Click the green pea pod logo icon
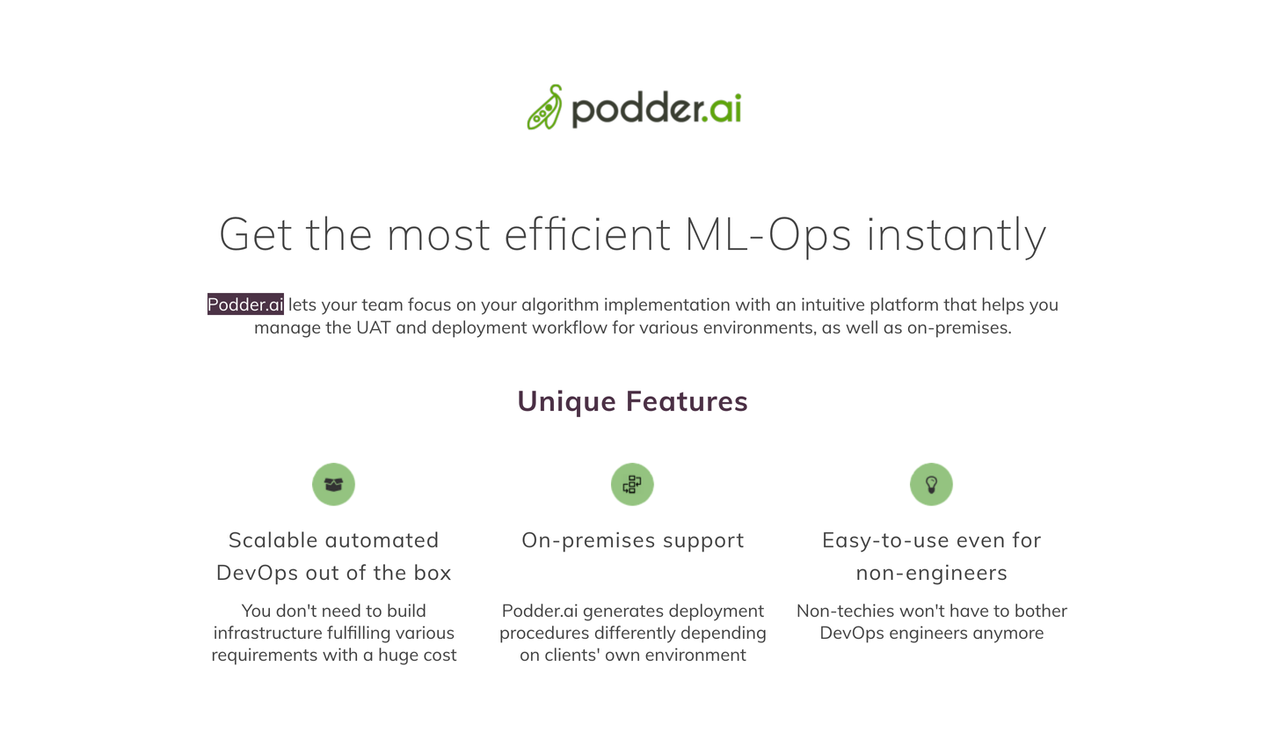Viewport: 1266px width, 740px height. (x=545, y=107)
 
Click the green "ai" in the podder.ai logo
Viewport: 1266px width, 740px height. (x=725, y=108)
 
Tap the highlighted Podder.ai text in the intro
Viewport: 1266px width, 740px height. (x=245, y=304)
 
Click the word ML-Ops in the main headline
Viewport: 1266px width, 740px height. (x=768, y=234)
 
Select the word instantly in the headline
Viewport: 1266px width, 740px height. (x=957, y=234)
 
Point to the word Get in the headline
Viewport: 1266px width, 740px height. (x=256, y=234)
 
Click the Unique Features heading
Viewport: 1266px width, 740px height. (x=632, y=402)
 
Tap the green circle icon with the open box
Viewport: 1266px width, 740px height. (x=333, y=484)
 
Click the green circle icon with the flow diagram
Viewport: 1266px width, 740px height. (x=632, y=484)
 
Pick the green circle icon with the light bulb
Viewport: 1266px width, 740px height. (x=931, y=484)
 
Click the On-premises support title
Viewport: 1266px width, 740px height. (x=632, y=541)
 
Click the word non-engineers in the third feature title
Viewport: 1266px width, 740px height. (x=931, y=574)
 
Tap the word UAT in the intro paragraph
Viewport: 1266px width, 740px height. (x=373, y=327)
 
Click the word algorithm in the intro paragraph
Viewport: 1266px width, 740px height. (x=560, y=305)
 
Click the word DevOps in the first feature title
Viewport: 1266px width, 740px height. (x=258, y=574)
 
